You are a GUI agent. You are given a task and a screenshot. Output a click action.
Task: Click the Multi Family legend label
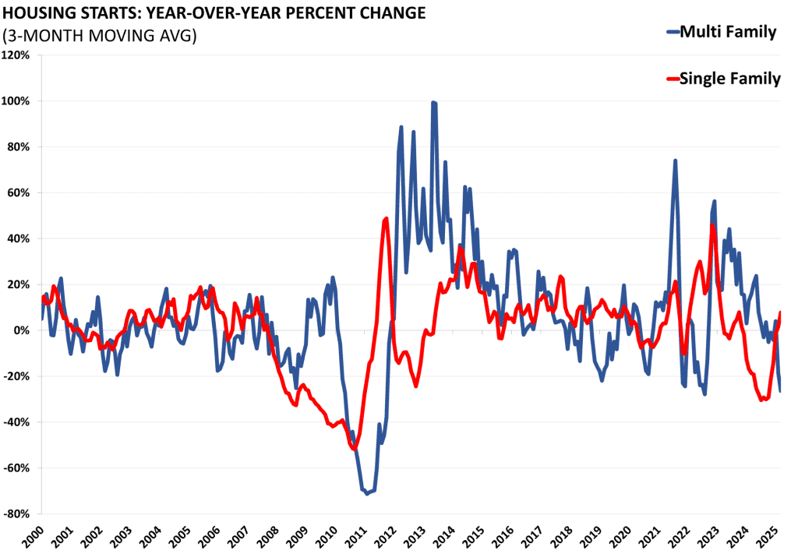728,32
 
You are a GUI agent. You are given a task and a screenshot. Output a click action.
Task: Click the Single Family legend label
729,78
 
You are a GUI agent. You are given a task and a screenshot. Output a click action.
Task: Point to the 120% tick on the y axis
17,55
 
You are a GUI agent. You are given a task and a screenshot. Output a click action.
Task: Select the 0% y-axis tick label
22,330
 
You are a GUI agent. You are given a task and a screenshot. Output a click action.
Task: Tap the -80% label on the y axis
17,513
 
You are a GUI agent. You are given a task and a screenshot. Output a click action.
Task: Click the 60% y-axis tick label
19,192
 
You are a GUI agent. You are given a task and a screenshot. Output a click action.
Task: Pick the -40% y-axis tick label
17,422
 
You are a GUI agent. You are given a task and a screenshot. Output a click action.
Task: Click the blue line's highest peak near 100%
433,102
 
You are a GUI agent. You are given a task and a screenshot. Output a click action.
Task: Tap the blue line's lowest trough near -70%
367,493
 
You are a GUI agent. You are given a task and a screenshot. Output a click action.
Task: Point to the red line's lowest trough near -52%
354,449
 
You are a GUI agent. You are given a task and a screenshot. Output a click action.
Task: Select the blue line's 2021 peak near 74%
675,161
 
